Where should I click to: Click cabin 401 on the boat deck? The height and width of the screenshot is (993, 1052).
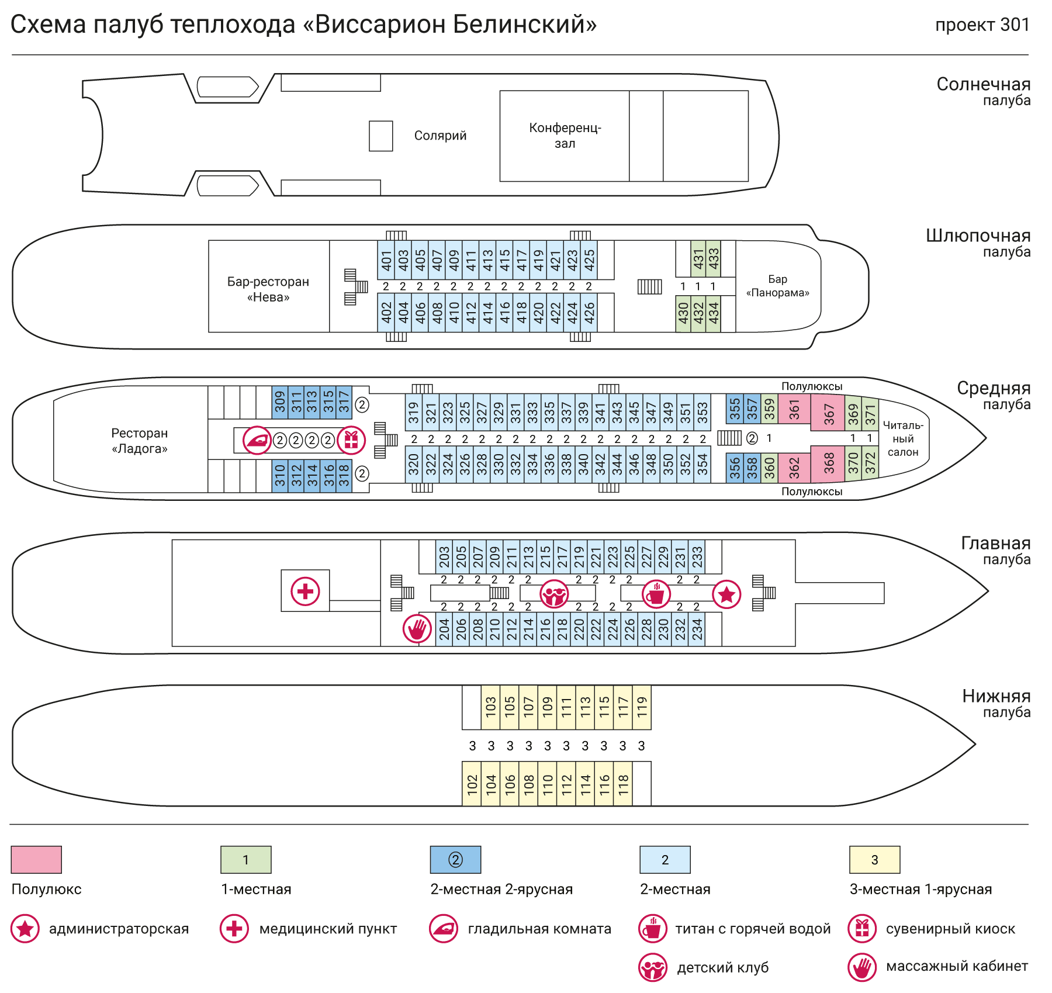click(386, 260)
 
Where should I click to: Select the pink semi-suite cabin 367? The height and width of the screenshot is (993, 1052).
click(828, 413)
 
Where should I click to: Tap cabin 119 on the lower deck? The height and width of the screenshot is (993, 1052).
click(642, 707)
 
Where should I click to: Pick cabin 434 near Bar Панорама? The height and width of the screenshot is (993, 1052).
click(713, 313)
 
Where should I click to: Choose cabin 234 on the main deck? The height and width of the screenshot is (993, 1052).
click(697, 629)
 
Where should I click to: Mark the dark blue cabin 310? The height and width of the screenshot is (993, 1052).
click(280, 475)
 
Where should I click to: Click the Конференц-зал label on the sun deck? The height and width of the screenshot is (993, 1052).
click(565, 136)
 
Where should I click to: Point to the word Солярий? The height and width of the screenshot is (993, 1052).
click(440, 136)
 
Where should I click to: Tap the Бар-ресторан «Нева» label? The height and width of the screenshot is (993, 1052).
click(268, 289)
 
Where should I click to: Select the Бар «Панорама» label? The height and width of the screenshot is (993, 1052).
click(777, 286)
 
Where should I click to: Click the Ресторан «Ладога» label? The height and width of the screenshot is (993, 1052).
click(140, 441)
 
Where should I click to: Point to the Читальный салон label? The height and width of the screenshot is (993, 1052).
click(903, 438)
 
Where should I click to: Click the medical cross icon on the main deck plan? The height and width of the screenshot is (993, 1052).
click(305, 591)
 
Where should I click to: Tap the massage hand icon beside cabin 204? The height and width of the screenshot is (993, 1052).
click(417, 629)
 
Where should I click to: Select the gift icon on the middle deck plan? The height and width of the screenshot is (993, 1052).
click(351, 440)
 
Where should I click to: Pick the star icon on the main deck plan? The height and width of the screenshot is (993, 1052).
click(726, 594)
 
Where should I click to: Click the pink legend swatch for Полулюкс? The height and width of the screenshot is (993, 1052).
click(36, 859)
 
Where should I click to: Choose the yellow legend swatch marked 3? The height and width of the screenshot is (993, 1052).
click(874, 859)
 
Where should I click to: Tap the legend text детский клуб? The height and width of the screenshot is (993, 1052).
click(722, 968)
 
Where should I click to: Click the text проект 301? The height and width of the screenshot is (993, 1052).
click(982, 25)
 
